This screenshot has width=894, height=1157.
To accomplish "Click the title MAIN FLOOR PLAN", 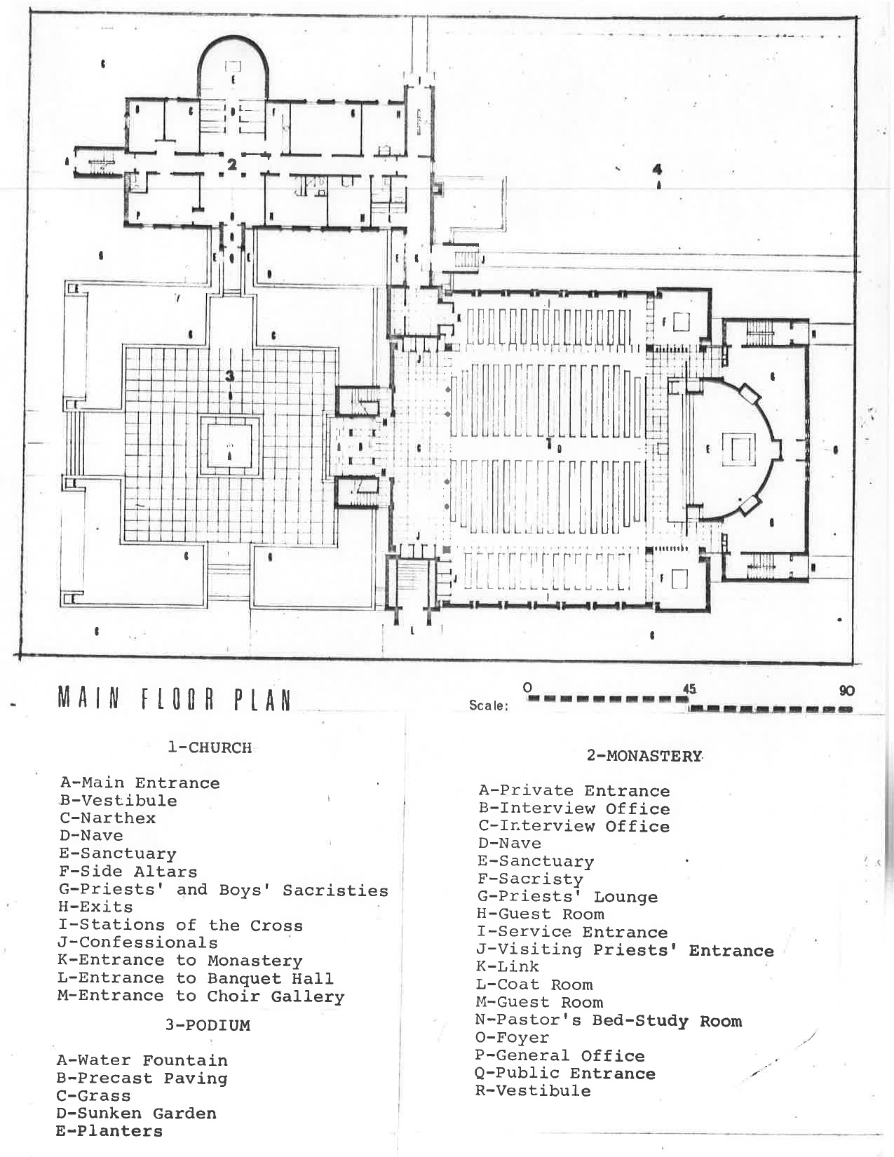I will (174, 699).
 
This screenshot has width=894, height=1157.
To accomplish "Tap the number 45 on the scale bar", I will (689, 689).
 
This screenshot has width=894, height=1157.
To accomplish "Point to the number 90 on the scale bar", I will (846, 690).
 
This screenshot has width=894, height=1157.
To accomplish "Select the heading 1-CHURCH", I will (209, 747).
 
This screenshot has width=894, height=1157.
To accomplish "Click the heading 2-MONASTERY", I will (644, 756).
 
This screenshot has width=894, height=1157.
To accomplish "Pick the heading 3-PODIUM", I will (208, 1025).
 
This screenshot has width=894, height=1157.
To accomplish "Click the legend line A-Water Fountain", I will (142, 1060).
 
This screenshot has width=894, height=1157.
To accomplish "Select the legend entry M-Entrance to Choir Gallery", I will (201, 996).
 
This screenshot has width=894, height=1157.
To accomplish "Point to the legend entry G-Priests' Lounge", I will (567, 897).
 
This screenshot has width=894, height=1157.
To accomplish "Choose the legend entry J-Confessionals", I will (137, 943).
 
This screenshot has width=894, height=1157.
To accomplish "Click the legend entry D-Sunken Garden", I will (136, 1114).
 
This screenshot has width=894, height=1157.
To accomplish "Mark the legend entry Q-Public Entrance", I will (565, 1074).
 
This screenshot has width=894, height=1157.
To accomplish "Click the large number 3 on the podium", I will (229, 377).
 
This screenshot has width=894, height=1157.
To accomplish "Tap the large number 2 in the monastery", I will (231, 164).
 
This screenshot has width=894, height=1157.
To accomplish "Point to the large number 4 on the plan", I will (657, 169).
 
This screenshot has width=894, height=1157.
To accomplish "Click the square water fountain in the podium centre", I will (229, 447).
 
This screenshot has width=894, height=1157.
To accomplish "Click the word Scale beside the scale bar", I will (488, 705).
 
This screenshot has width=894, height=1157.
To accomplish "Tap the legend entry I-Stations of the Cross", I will (180, 926).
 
